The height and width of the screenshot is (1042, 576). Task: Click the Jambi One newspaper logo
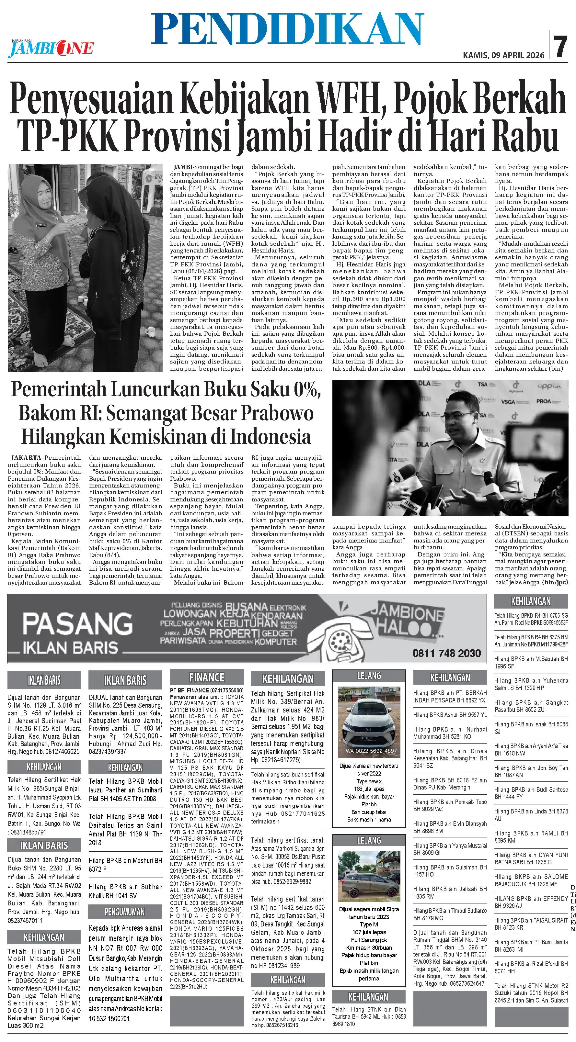point(51,49)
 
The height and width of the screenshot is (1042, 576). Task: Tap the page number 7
point(561,47)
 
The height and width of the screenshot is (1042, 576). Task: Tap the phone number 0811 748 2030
point(446,653)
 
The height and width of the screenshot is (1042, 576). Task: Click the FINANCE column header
point(206,677)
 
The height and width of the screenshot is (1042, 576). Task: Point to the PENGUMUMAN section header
point(125,912)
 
